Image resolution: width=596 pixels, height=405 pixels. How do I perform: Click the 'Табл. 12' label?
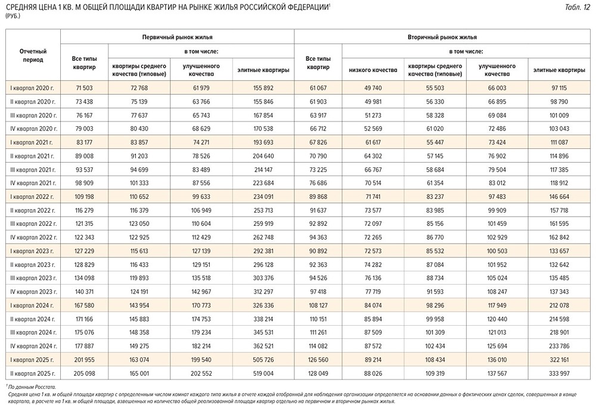tap(577, 7)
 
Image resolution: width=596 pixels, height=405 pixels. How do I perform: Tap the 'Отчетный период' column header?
tap(33, 55)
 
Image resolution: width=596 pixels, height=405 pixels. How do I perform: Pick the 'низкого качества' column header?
tap(372, 70)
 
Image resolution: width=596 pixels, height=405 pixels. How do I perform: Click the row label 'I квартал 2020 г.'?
tap(33, 88)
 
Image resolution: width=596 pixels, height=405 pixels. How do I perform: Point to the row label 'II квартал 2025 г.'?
tap(33, 373)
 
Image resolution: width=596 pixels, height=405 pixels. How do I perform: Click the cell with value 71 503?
tap(84, 88)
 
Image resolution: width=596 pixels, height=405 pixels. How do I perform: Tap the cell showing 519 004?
tap(263, 373)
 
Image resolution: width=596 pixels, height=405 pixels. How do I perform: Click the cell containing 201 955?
tap(84, 360)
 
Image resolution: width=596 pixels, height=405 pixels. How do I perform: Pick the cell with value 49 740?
tap(372, 88)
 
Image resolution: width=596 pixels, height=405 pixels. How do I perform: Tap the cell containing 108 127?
tap(318, 306)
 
